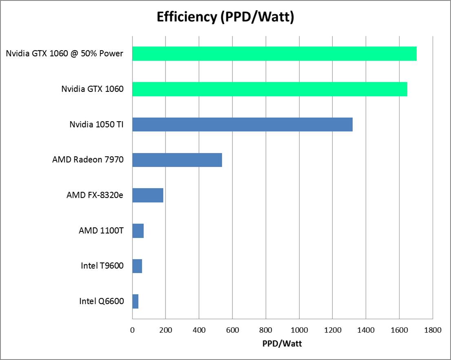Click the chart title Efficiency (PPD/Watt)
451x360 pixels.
(x=225, y=18)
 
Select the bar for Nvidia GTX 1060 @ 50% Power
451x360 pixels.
(x=274, y=53)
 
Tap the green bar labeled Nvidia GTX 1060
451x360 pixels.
(x=270, y=89)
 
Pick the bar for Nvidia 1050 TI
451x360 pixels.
(x=242, y=124)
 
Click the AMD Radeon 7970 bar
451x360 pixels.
(x=177, y=160)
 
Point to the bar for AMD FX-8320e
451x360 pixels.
(x=148, y=196)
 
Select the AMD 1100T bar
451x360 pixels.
(x=138, y=231)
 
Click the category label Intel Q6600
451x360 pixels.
(x=102, y=302)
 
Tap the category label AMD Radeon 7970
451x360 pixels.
(x=88, y=160)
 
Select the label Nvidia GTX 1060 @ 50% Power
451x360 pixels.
(x=64, y=53)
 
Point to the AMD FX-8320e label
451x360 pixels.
(x=95, y=196)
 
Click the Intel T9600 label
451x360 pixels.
(x=102, y=267)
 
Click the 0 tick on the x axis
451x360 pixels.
(x=132, y=330)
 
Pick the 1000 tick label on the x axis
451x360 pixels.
(x=299, y=330)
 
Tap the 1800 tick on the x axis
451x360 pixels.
(x=432, y=330)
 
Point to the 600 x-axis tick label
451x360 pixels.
(x=232, y=330)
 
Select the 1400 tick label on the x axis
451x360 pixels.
(x=366, y=330)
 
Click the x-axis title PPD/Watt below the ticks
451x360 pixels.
(x=282, y=344)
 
